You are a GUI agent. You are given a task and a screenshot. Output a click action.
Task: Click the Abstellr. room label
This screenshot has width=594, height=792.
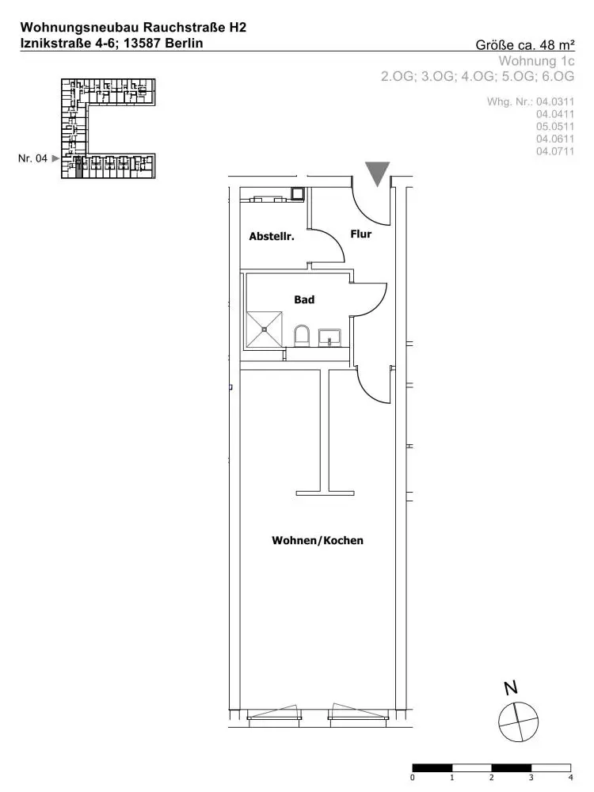271,236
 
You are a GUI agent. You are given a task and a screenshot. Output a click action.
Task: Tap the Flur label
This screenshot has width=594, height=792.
360,234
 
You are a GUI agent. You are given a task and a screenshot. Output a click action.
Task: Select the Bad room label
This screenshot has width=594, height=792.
304,299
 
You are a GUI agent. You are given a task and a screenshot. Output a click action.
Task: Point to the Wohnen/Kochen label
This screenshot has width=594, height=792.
318,540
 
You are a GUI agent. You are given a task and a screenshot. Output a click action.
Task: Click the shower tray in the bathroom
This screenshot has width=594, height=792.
265,329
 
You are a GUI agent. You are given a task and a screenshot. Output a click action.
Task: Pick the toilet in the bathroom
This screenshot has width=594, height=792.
301,336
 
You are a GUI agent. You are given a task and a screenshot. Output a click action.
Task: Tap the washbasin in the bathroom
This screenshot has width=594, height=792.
329,337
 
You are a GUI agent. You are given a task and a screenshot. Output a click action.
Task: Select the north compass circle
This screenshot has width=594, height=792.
518,722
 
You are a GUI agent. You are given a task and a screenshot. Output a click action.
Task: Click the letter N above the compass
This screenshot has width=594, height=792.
511,688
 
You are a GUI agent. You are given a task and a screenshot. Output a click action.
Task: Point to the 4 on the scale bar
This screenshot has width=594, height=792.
571,778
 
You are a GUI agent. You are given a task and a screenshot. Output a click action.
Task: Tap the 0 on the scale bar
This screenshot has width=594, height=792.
413,778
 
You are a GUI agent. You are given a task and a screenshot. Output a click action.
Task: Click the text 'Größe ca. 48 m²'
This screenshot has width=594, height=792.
525,45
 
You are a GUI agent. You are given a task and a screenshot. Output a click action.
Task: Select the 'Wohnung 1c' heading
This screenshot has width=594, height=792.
536,61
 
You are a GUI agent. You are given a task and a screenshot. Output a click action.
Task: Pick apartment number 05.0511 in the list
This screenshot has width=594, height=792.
555,127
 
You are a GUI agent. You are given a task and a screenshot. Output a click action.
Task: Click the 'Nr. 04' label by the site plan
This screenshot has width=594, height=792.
32,158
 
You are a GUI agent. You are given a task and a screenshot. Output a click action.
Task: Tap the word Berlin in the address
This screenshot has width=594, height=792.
184,43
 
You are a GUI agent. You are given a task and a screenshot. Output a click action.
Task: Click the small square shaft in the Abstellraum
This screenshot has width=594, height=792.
297,193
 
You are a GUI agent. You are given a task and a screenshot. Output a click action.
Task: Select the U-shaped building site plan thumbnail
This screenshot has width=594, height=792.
108,128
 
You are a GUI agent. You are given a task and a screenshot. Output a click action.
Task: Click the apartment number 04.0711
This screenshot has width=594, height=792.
555,151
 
